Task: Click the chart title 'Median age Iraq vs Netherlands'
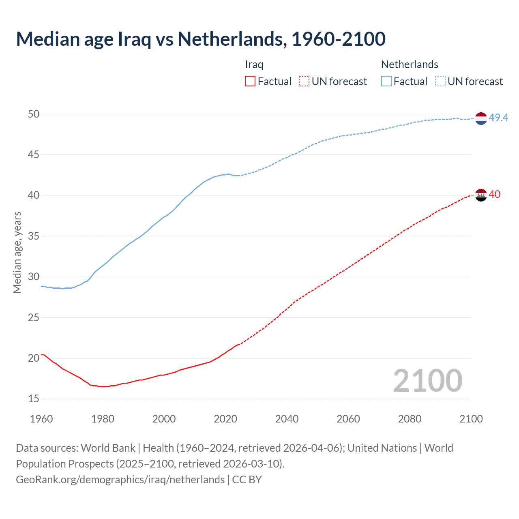pos(201,39)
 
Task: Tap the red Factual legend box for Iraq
pos(250,81)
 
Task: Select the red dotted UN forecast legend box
pos(304,81)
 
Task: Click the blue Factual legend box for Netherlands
pos(386,81)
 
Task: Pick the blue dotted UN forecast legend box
pos(440,81)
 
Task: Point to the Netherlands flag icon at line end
pos(481,118)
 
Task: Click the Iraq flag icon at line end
pos(481,195)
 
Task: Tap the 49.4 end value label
pos(498,118)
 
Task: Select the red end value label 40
pos(495,194)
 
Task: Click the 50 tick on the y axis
pos(34,114)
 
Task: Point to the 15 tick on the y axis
pos(34,399)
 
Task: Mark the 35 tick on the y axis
pos(34,236)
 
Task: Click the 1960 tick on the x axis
pos(41,419)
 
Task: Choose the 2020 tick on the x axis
pos(225,419)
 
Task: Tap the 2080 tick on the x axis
pos(410,419)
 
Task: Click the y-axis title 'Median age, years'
pos(17,252)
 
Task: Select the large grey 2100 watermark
pos(427,380)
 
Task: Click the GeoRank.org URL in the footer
pos(120,480)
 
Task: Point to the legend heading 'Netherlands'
pos(410,64)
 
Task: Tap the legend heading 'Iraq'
pos(254,64)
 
